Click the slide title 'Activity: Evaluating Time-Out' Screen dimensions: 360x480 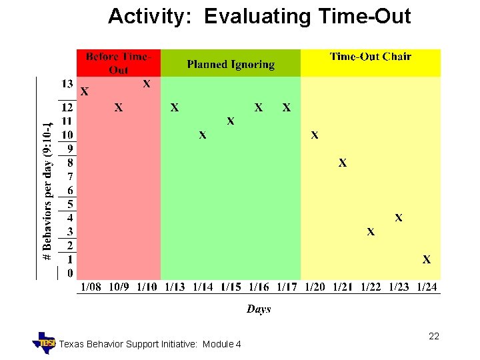point(259,17)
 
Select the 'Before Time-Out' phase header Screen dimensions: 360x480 point(119,63)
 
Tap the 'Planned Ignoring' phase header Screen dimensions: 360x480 point(231,64)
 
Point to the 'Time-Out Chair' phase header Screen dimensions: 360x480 point(371,57)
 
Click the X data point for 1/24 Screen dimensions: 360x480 point(427,259)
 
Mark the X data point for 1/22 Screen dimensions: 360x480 point(371,232)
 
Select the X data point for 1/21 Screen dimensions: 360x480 point(343,163)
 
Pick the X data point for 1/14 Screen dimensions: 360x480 point(203,135)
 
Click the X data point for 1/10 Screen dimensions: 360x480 point(147,84)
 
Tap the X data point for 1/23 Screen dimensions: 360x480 point(399,217)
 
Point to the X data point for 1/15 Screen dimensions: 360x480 point(231,121)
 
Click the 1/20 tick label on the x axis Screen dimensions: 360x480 point(315,287)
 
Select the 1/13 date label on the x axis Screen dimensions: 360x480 point(175,287)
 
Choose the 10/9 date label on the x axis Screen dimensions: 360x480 point(119,287)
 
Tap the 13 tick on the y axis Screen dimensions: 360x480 point(67,84)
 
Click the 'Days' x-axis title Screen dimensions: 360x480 point(259,309)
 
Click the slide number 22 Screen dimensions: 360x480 point(434,337)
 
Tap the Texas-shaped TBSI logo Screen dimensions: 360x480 point(45,343)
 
